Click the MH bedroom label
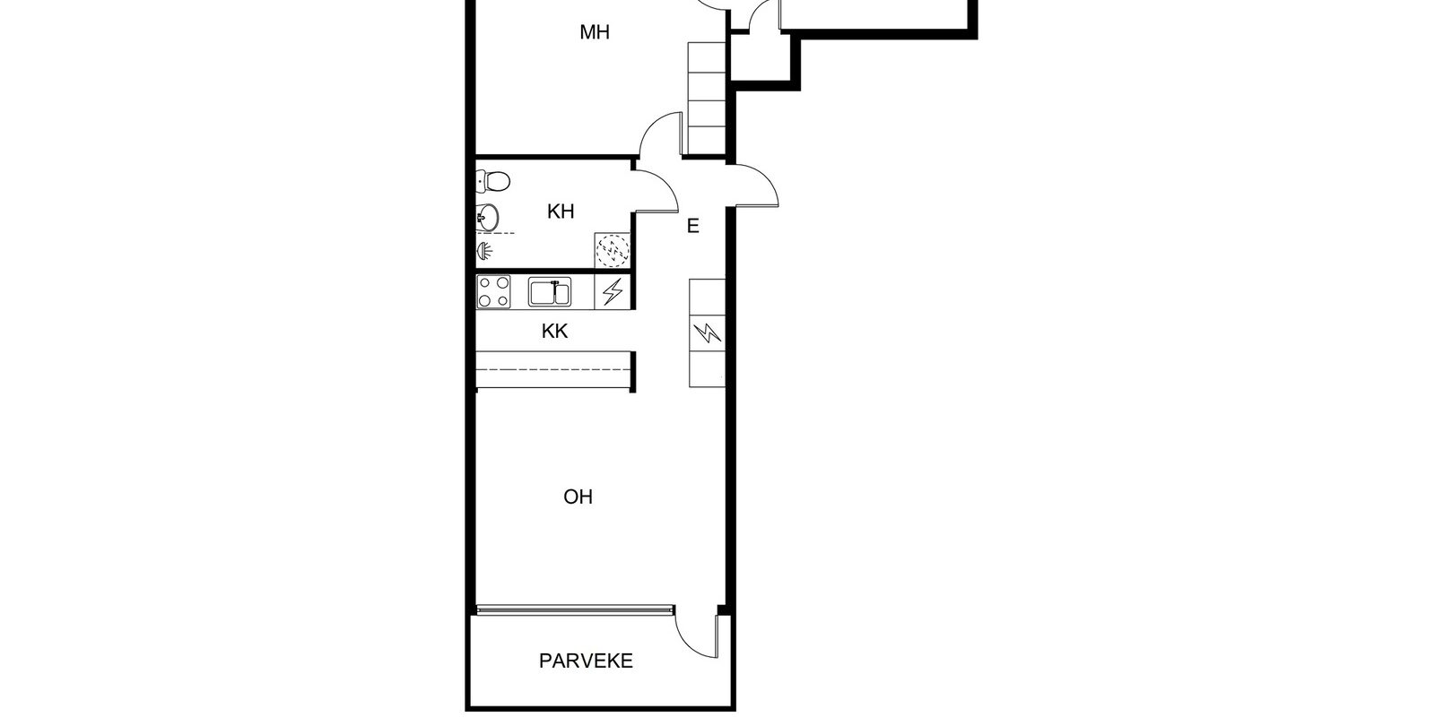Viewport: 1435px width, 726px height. (594, 32)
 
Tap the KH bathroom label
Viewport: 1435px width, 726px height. (561, 212)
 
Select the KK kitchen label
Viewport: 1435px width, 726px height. (555, 331)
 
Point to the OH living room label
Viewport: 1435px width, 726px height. (578, 497)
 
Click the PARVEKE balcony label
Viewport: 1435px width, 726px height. (586, 661)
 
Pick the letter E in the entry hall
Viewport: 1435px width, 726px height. (692, 226)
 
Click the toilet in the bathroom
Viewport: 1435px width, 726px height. (493, 181)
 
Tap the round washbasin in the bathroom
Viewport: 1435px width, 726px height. (488, 218)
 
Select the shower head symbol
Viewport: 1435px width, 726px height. (485, 252)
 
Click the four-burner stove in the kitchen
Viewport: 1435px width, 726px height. (493, 292)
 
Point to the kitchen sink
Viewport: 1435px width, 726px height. (550, 292)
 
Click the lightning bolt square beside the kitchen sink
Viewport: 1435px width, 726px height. (613, 291)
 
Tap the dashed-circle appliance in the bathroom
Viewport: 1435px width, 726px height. (613, 250)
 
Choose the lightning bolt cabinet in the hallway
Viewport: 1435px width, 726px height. (708, 333)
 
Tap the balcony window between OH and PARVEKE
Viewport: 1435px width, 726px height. (575, 609)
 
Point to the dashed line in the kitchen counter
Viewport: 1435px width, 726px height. (553, 369)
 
